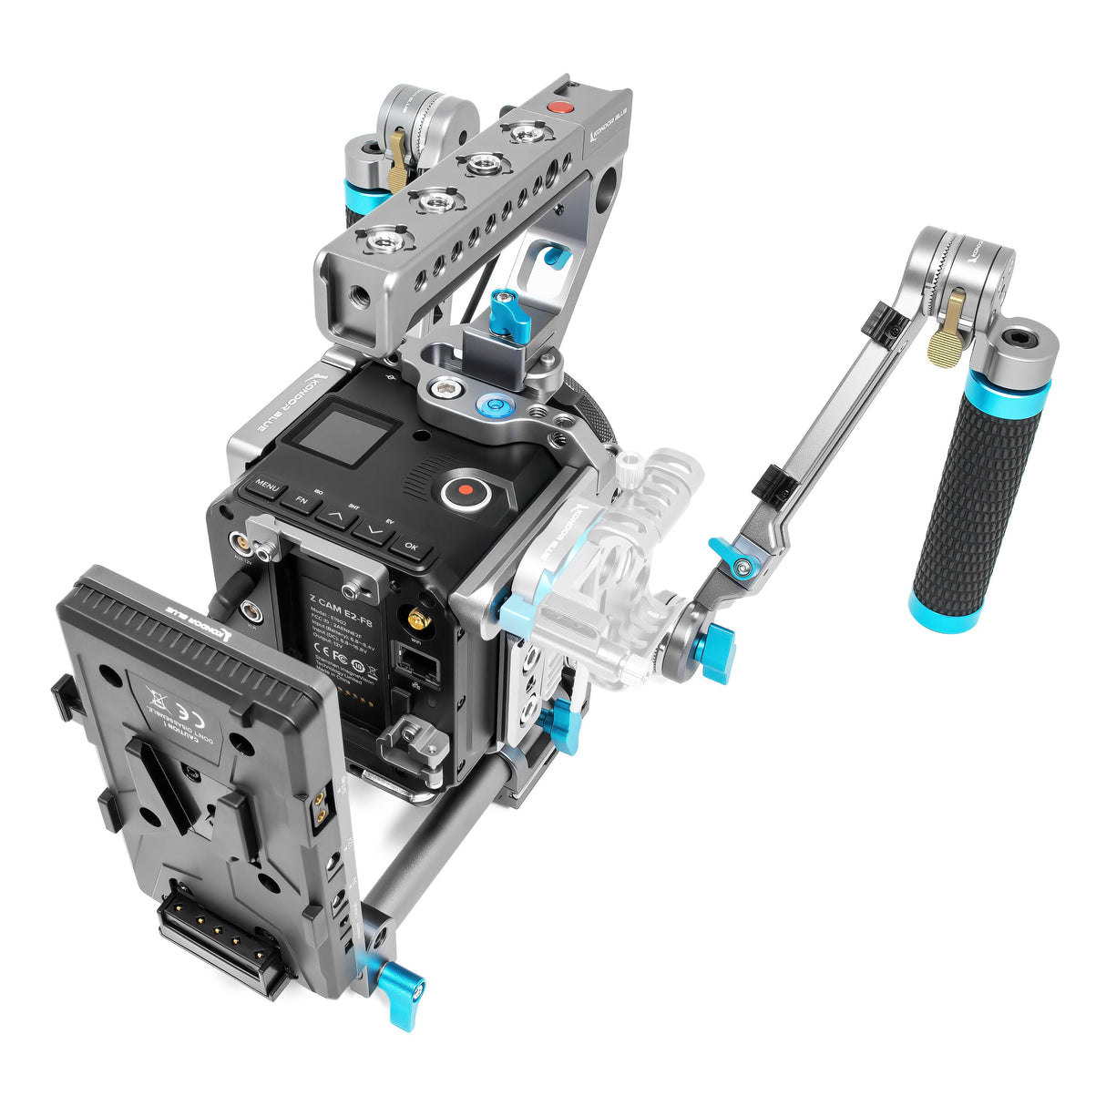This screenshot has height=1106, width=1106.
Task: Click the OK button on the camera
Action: pos(410,547)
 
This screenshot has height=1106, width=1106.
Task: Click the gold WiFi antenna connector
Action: pos(418,620)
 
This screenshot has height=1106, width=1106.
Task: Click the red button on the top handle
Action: pos(561,107)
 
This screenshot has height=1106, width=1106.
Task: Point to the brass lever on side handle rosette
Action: pos(948,324)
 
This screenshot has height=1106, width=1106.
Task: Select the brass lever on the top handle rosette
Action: pos(397,158)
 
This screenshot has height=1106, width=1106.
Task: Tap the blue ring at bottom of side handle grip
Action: pos(943,609)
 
